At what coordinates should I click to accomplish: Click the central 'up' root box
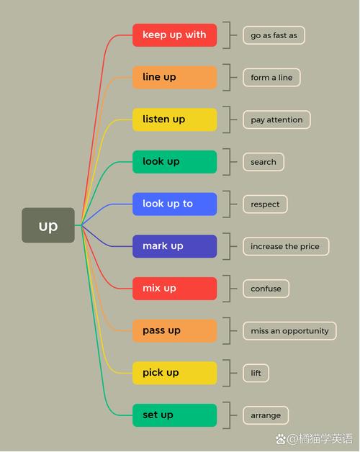48,225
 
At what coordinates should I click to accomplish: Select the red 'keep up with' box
174,35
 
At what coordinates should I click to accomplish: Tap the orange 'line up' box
174,77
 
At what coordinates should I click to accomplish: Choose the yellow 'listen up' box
174,119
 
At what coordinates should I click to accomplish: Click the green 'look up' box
174,162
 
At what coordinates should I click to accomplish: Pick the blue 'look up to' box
174,204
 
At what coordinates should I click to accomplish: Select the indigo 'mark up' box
174,246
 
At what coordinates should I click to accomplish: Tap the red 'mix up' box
174,289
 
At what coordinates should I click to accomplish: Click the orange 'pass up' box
174,330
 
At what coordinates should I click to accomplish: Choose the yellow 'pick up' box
174,373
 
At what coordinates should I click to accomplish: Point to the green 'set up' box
174,415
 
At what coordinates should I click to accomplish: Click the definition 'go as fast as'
274,35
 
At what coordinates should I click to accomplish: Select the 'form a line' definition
271,77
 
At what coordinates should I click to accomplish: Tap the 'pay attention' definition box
276,119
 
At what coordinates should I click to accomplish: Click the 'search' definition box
264,162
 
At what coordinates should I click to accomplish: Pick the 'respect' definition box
265,204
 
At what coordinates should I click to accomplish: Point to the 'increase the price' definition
286,246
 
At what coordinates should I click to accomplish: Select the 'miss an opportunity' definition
289,330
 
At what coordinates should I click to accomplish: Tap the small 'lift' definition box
256,373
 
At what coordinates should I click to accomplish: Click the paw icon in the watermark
280,439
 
